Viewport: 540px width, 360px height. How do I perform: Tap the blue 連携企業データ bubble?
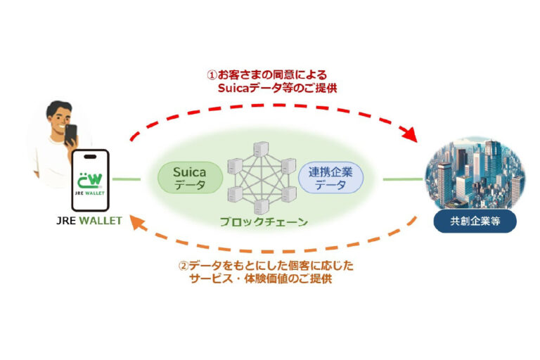click(331, 178)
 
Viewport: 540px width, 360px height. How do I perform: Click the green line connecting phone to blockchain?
click(126, 179)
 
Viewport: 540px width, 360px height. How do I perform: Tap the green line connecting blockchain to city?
click(401, 179)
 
